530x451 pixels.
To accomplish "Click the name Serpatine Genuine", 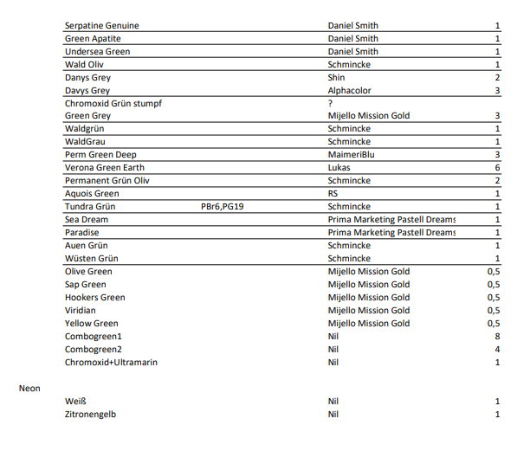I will [101, 26].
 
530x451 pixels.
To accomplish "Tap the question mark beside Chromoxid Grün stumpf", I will [330, 103].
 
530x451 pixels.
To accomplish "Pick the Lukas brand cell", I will [339, 168].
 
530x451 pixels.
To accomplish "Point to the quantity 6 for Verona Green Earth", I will [497, 168].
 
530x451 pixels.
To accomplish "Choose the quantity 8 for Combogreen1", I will [497, 337].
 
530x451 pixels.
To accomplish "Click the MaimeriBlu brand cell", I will [352, 155].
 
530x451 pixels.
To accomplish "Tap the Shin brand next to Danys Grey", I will [337, 77].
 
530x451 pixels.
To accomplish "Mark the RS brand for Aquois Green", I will [333, 194].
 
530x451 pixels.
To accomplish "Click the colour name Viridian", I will [80, 311].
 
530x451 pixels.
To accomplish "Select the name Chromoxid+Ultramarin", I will [111, 363].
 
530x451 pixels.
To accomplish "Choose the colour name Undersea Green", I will [97, 52].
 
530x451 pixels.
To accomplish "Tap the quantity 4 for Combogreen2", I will [497, 350].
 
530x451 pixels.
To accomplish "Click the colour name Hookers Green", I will [94, 298].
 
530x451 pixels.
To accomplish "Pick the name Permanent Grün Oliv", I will [107, 181].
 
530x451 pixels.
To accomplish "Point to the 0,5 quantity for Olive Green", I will [494, 272].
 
